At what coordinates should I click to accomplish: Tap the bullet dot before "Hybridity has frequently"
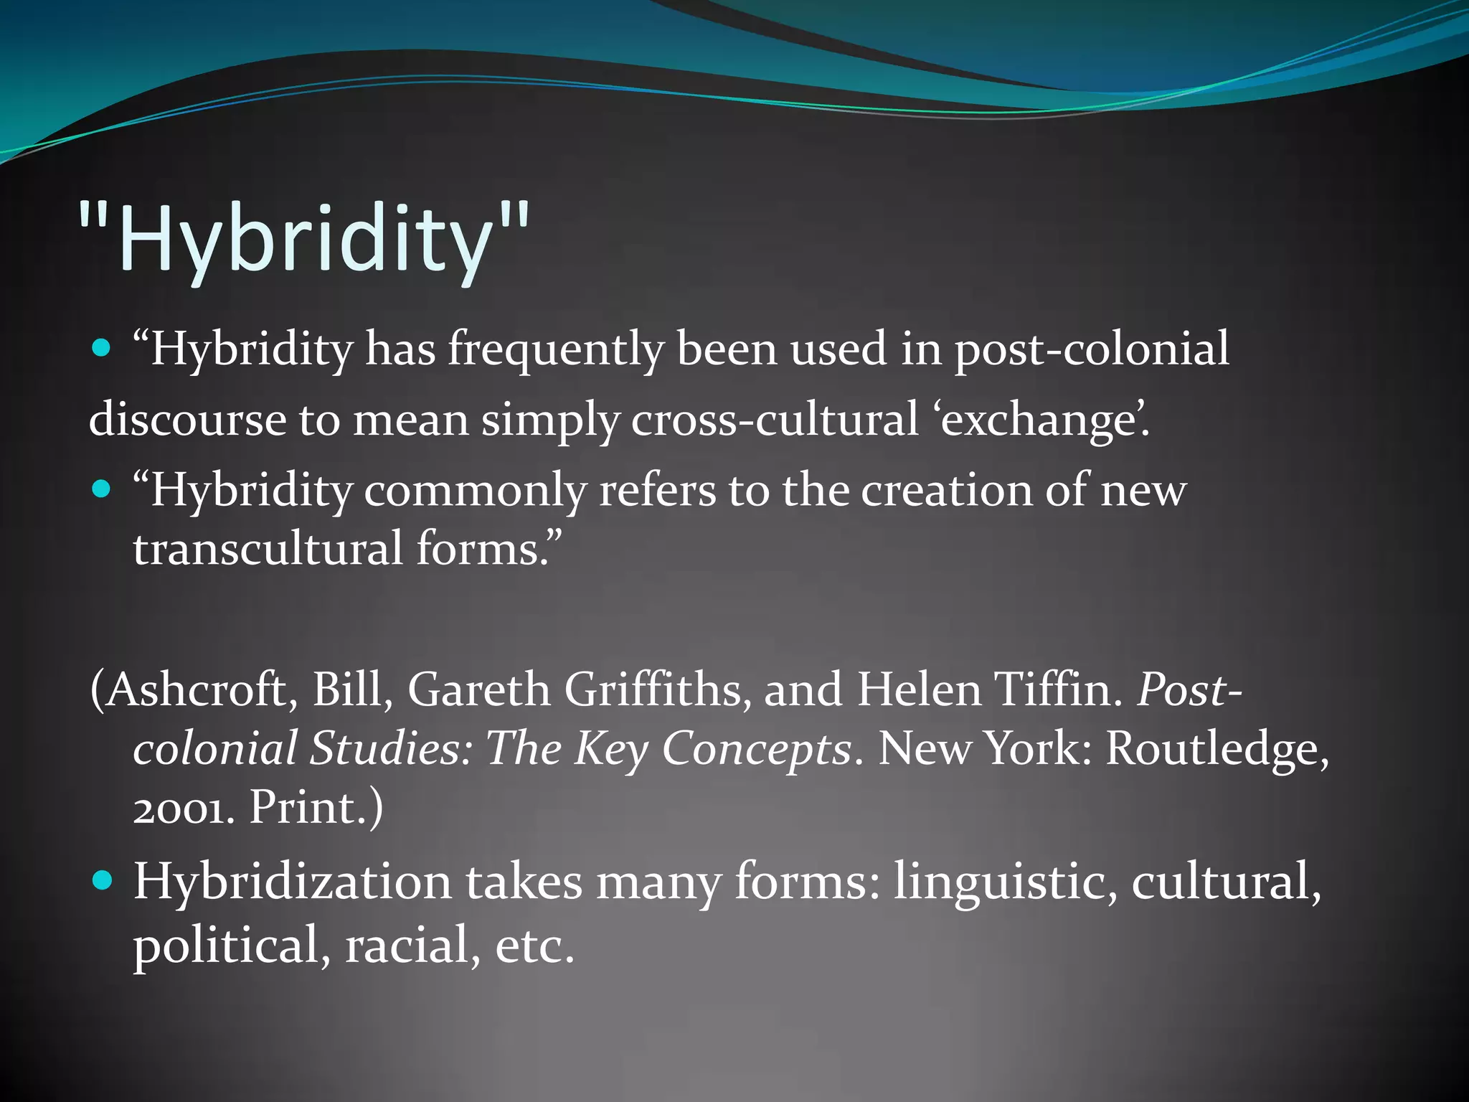103,349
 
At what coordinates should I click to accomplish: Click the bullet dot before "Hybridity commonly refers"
103,489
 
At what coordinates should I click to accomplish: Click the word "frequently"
556,349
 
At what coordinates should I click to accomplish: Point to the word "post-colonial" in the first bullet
1091,349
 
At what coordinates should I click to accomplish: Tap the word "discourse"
187,420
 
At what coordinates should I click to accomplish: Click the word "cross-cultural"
775,420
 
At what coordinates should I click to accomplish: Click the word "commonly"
475,491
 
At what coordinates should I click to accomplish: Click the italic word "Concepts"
757,749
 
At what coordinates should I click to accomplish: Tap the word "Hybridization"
293,881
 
